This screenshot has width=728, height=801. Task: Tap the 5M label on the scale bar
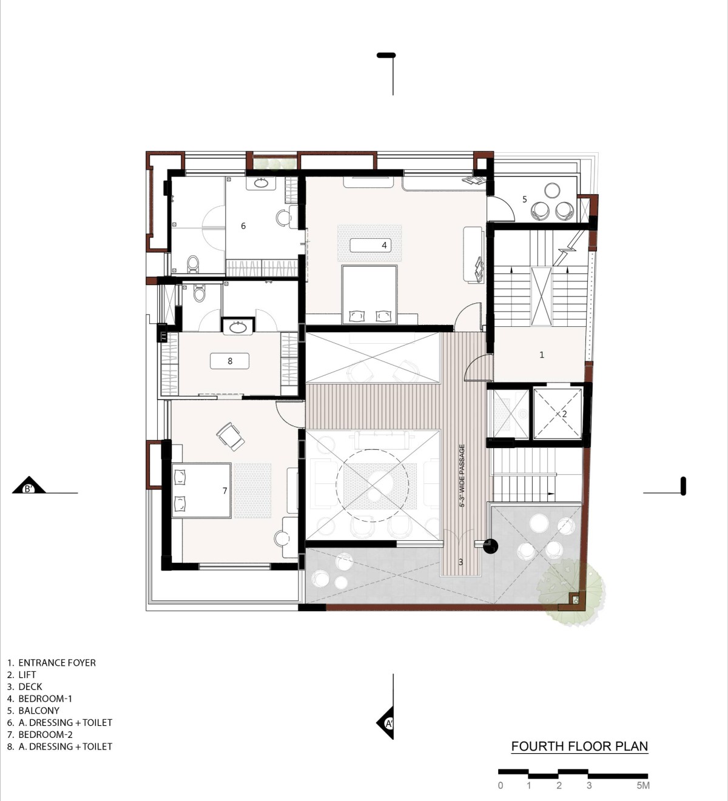643,785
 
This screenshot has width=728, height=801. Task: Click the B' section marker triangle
29,485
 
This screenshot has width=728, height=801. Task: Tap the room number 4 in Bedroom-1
385,245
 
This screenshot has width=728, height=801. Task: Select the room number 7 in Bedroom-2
225,491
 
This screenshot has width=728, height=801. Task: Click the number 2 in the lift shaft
564,414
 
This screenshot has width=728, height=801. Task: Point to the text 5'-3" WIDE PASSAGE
462,475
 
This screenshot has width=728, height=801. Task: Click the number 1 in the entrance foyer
542,355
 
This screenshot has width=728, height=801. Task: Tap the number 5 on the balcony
525,199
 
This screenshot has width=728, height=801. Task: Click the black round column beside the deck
490,546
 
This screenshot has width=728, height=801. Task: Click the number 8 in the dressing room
230,361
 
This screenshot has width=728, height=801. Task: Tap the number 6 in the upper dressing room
243,226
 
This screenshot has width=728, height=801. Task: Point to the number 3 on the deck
460,562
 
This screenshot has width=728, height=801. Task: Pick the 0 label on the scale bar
500,785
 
